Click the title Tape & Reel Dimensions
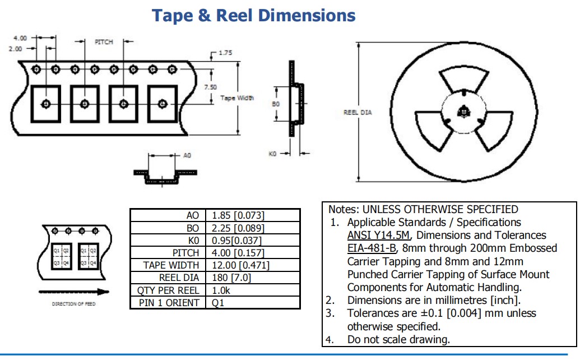click(254, 15)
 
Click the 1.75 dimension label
click(225, 53)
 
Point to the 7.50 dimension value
click(211, 87)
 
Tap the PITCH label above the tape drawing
click(104, 42)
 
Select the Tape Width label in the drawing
click(236, 98)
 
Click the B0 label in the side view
click(275, 104)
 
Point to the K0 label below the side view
click(273, 153)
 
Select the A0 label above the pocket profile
click(188, 155)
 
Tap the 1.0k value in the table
click(222, 290)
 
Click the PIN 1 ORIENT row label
click(169, 303)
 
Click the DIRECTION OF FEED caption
click(73, 304)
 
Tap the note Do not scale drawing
click(398, 339)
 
